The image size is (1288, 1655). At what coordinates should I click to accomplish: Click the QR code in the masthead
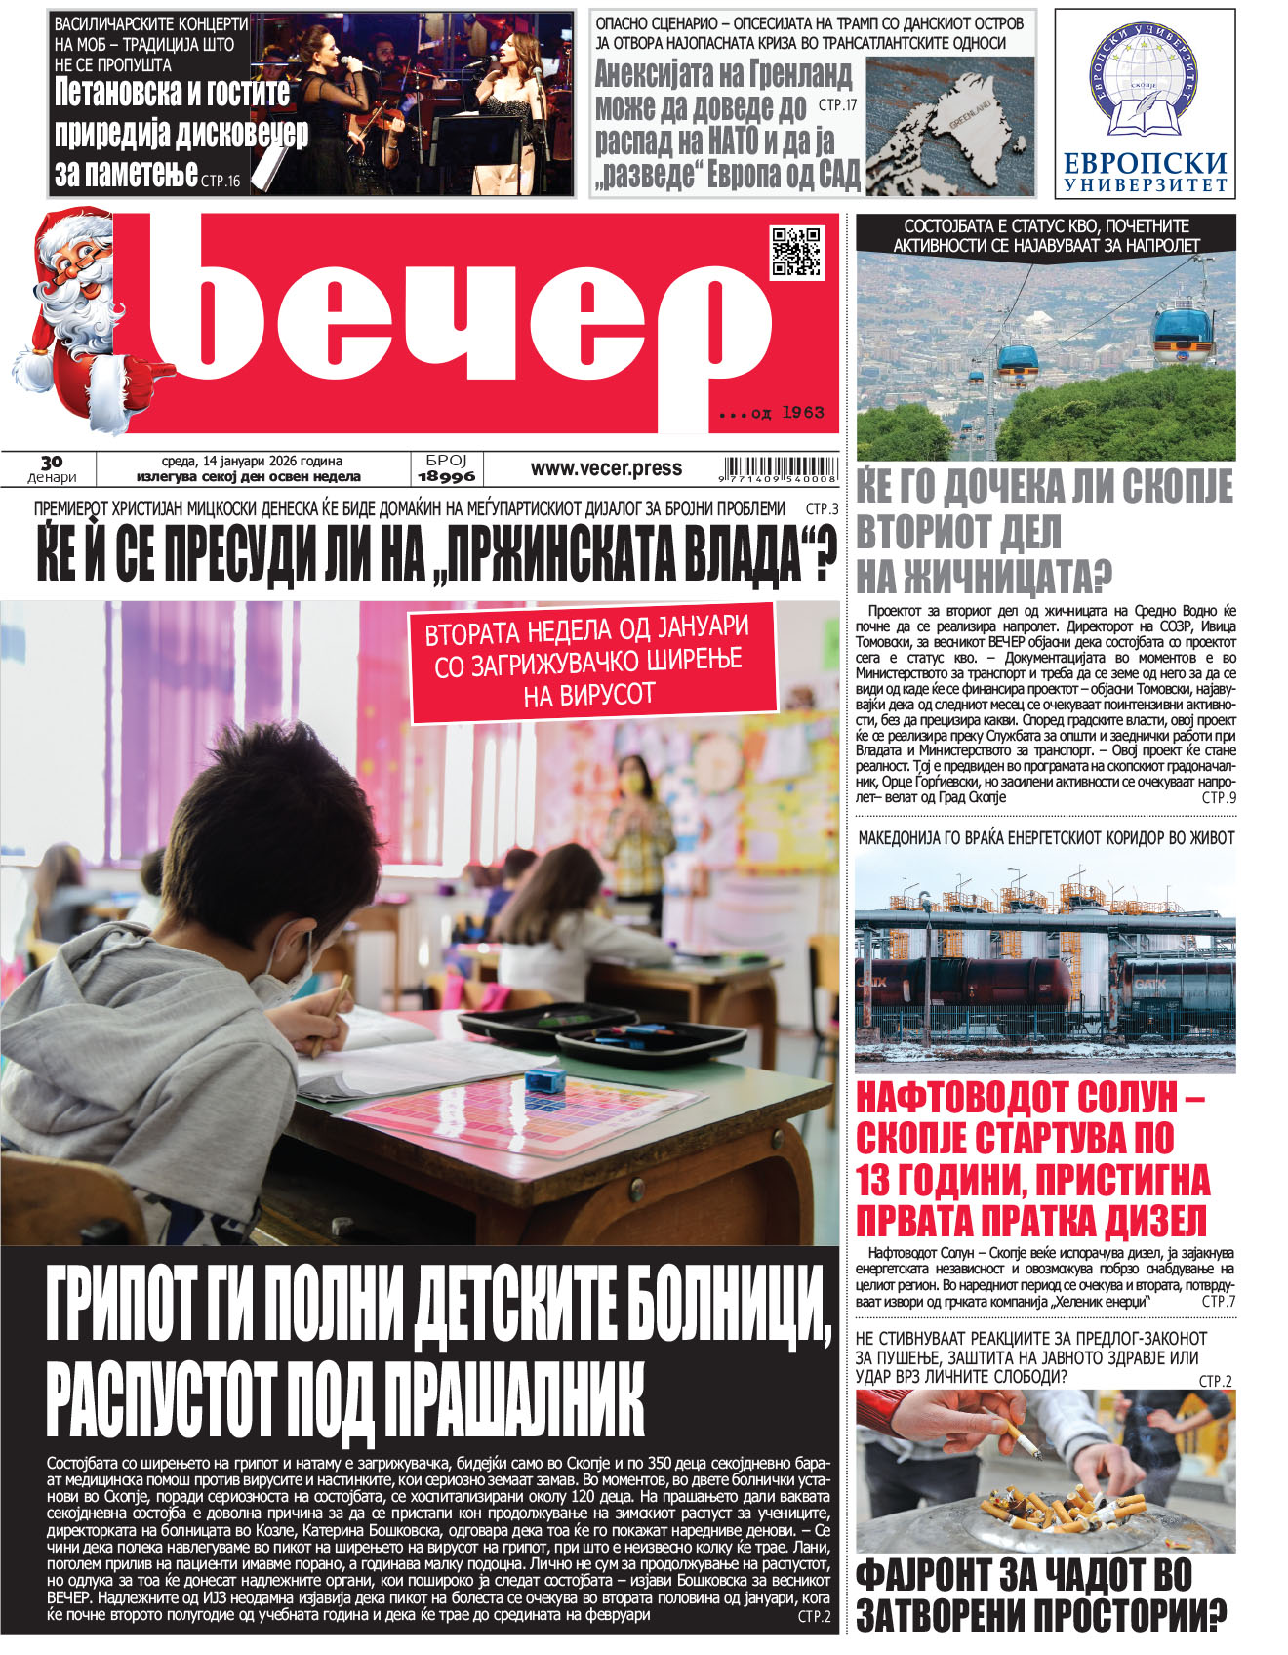tap(796, 252)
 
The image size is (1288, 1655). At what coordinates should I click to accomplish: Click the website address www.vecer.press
tap(606, 468)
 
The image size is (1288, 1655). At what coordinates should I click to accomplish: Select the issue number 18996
tap(446, 476)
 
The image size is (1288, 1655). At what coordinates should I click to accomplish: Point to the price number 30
tap(52, 462)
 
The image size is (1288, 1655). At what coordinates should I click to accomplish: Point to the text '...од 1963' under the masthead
tap(771, 413)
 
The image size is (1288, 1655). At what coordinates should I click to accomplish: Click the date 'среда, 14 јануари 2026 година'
tap(252, 461)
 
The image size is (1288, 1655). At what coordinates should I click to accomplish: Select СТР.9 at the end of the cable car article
tap(1219, 797)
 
